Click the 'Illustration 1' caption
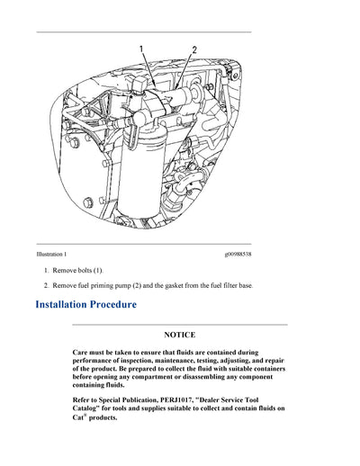(x=51, y=255)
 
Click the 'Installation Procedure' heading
(x=86, y=305)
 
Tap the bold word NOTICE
(x=179, y=335)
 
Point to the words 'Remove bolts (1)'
(x=81, y=270)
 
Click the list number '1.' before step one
(x=47, y=270)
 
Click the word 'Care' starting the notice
(x=81, y=353)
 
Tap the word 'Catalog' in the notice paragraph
(x=88, y=408)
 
